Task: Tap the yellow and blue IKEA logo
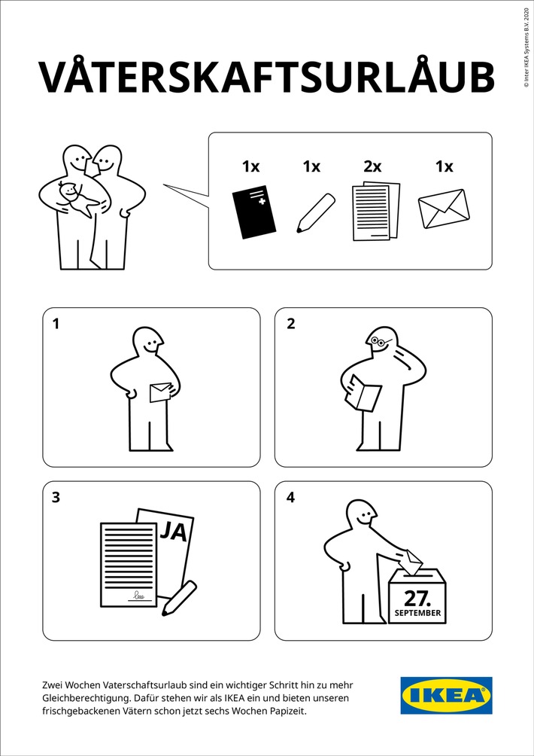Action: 446,695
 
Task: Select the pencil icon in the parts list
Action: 314,212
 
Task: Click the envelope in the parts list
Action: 443,209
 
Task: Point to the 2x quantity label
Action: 372,166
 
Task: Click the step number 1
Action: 56,325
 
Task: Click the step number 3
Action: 56,498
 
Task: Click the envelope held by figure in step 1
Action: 161,392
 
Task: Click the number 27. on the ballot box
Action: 417,599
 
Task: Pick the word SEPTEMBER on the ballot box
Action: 417,614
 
